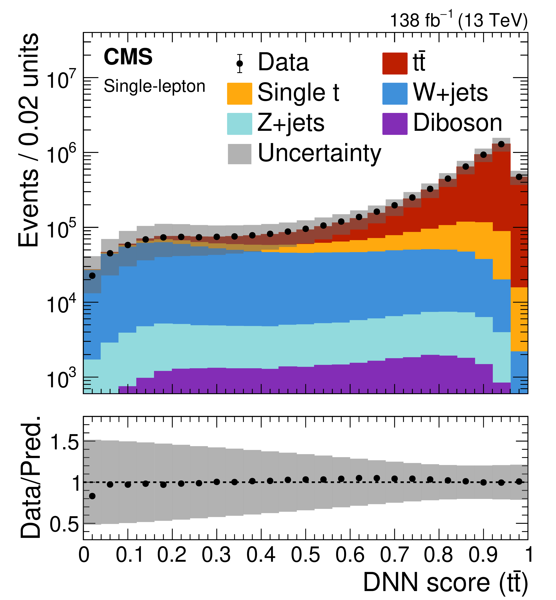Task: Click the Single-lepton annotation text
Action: pyautogui.click(x=154, y=86)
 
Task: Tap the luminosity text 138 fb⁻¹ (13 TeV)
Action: pyautogui.click(x=459, y=20)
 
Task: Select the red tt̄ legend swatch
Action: pyautogui.click(x=395, y=63)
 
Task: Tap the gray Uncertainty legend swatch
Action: pyautogui.click(x=239, y=154)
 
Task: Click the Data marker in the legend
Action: pyautogui.click(x=239, y=63)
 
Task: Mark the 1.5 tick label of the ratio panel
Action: pyautogui.click(x=65, y=443)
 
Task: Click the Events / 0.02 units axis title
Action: pyautogui.click(x=29, y=140)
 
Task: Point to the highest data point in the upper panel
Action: pyautogui.click(x=501, y=144)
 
